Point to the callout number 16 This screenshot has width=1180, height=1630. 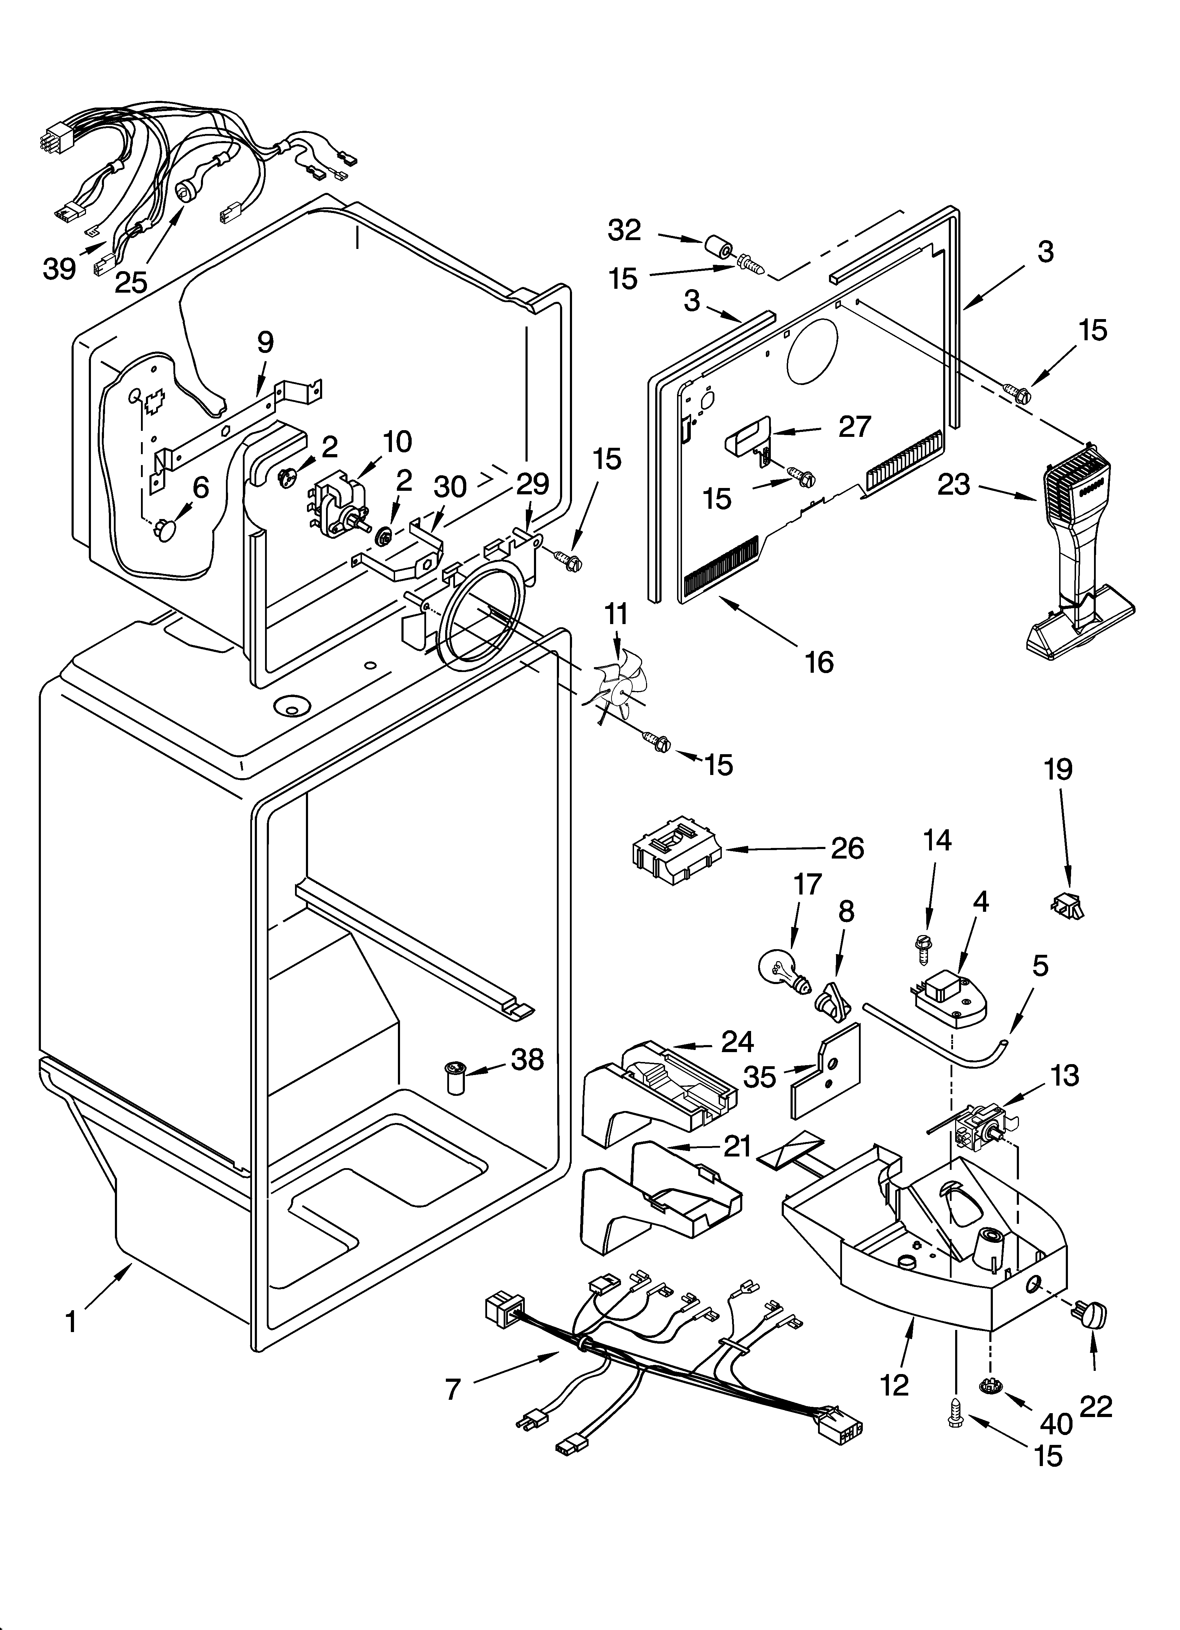pos(819,661)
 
